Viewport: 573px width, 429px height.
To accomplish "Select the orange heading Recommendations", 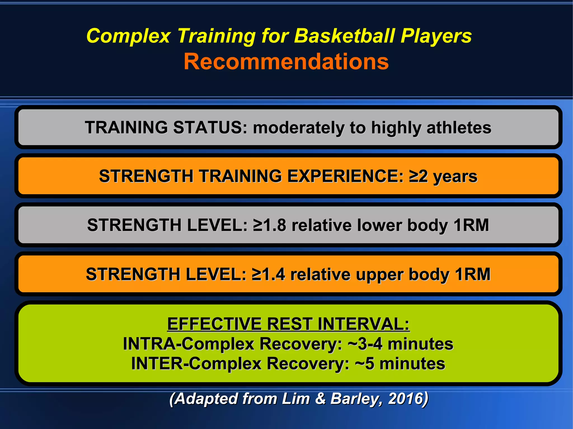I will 286,61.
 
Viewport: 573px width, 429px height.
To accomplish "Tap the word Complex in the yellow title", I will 128,36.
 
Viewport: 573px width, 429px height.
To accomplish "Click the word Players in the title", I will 436,36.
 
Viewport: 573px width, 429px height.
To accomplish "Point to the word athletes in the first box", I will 459,128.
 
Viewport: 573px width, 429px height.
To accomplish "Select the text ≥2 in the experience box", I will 418,176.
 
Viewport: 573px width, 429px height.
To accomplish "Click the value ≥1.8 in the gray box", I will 269,225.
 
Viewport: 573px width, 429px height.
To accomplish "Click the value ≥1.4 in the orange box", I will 268,274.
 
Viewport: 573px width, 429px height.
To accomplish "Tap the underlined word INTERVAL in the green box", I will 363,324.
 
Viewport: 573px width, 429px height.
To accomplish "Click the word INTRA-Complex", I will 188,344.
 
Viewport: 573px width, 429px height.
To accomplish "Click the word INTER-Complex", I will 196,364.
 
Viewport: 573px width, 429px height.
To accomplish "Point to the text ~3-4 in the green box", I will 365,344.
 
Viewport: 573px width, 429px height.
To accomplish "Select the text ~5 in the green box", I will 364,364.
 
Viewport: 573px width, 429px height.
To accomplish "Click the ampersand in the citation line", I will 320,399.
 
